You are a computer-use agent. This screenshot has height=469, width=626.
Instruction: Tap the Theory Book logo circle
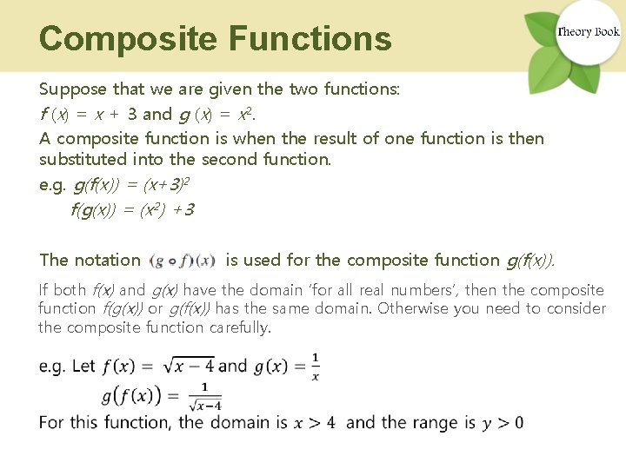pyautogui.click(x=588, y=32)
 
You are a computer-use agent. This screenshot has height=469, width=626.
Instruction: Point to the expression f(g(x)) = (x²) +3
pyautogui.click(x=132, y=209)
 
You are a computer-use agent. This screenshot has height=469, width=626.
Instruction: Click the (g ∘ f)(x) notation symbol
pyautogui.click(x=183, y=260)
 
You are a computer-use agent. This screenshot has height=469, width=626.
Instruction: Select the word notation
pyautogui.click(x=108, y=260)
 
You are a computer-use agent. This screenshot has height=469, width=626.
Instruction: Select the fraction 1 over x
pyautogui.click(x=315, y=366)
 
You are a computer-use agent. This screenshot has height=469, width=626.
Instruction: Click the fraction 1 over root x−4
pyautogui.click(x=205, y=395)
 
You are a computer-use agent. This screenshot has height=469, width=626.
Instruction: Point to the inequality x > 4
pyautogui.click(x=314, y=423)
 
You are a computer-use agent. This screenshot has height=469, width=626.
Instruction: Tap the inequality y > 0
pyautogui.click(x=503, y=423)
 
